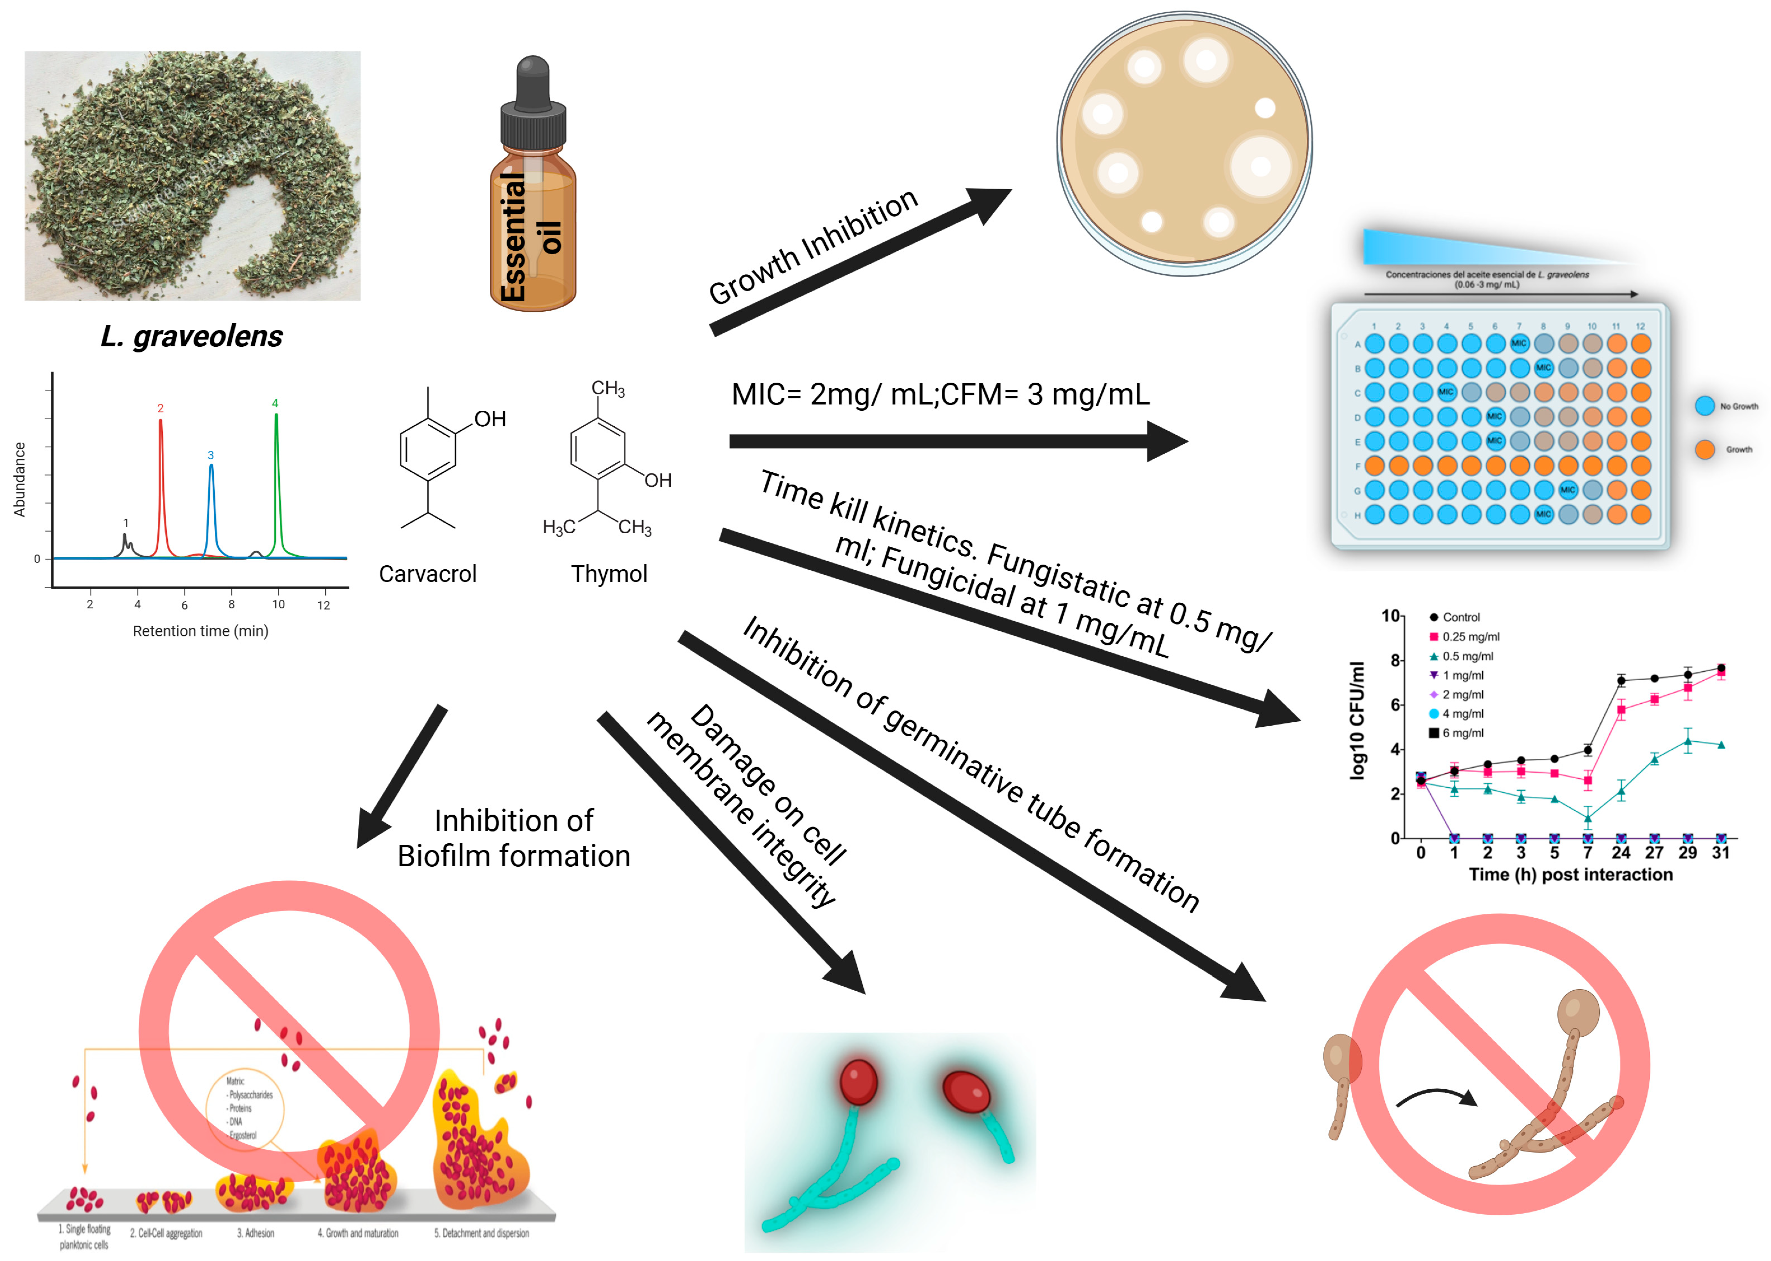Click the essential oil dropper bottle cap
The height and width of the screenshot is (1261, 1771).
point(533,109)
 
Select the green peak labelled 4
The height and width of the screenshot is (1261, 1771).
point(276,466)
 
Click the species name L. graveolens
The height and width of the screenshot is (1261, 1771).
point(192,336)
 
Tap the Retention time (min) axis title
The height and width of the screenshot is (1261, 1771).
point(200,631)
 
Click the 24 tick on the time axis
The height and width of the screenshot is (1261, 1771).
point(1620,852)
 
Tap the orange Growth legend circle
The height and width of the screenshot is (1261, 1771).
point(1705,450)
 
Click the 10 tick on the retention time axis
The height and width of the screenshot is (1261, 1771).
point(278,604)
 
